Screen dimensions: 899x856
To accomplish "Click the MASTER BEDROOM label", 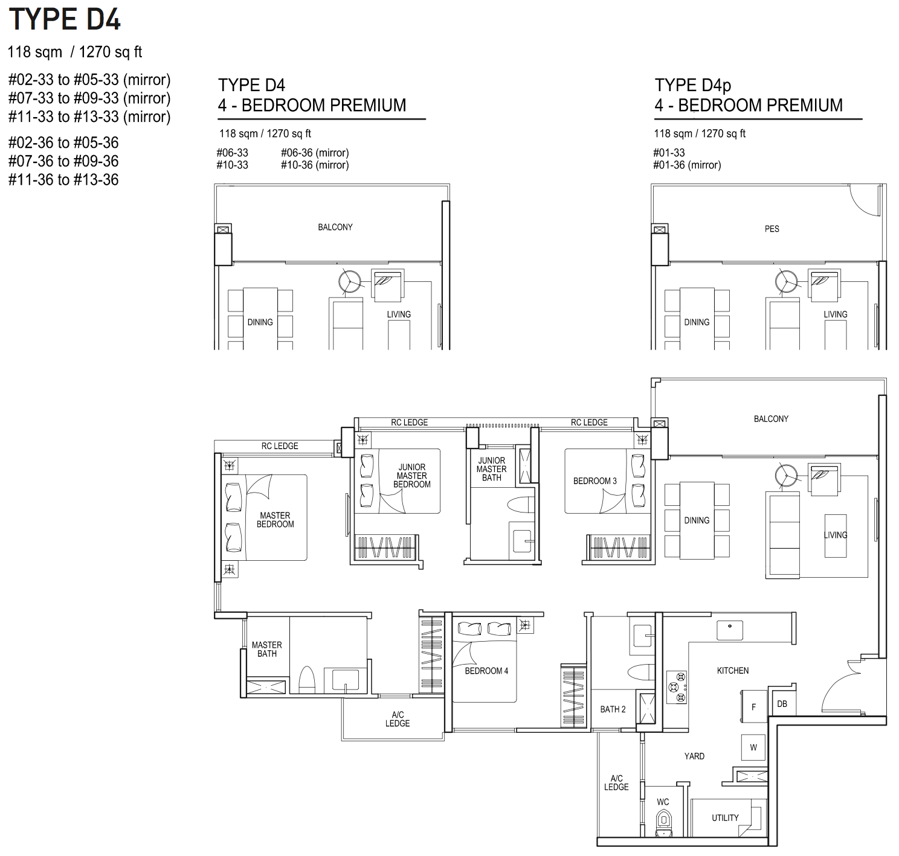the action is point(275,520).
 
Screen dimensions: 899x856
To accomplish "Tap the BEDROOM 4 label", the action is point(486,671).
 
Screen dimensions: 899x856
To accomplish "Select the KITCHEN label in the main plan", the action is point(733,671).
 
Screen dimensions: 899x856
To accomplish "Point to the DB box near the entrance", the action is point(782,704).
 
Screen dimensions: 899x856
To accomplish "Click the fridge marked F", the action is point(753,706).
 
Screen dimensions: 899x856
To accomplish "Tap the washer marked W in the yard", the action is point(753,748).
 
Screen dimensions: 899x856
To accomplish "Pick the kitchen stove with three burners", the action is point(676,687).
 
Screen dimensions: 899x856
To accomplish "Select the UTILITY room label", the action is point(725,817).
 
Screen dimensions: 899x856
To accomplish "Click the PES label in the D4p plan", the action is point(772,229).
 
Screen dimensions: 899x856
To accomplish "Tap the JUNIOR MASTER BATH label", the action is point(492,469).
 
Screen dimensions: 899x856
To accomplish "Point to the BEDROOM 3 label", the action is point(595,481).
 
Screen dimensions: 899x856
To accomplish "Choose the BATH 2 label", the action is point(613,709).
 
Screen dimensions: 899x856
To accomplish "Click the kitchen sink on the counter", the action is point(729,630).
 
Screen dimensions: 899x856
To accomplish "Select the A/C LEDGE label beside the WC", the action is point(616,782).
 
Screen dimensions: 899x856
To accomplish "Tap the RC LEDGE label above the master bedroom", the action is point(279,446).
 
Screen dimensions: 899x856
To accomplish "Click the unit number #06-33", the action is point(232,153).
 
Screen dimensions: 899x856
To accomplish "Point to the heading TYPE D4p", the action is point(693,85).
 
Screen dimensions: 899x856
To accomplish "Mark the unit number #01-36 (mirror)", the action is point(687,165).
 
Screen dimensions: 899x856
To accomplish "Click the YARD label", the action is point(694,756).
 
